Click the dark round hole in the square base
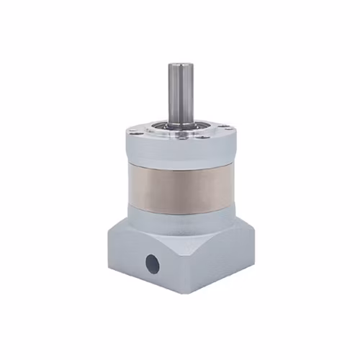click(x=151, y=261)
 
